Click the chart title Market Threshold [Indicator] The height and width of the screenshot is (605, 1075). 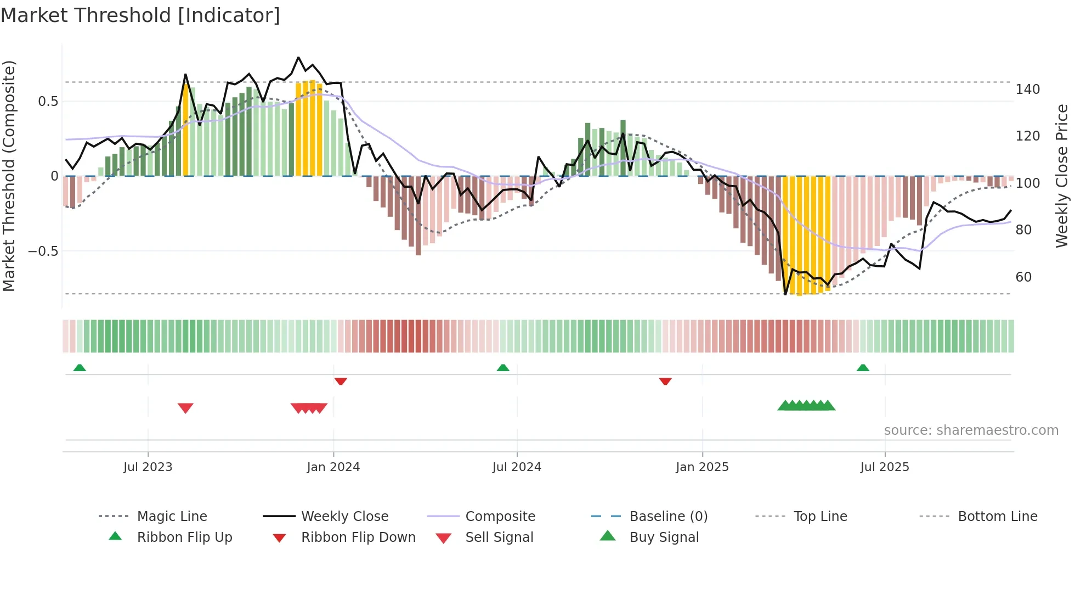coord(140,15)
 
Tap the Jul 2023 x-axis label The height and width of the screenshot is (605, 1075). coord(148,467)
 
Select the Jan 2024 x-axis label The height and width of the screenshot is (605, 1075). coord(333,467)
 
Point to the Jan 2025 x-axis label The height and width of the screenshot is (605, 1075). coord(702,467)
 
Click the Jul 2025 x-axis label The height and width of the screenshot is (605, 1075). coord(884,467)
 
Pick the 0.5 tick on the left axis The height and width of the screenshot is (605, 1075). coord(48,102)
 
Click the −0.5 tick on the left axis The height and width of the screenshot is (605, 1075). coord(43,251)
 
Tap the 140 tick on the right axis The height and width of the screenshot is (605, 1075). coord(1027,89)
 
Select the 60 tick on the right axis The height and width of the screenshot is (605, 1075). coord(1023,277)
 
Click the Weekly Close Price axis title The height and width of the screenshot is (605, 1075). coord(1062,176)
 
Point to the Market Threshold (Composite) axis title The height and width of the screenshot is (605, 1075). coord(9,176)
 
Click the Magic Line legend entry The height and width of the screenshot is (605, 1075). coord(172,517)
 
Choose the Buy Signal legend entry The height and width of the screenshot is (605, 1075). coord(664,537)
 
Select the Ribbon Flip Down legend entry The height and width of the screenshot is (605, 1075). coord(358,537)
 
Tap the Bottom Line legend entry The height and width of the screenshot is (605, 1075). coord(997,517)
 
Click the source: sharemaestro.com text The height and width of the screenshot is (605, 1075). coord(971,430)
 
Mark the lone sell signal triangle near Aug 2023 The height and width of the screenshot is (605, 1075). coord(185,408)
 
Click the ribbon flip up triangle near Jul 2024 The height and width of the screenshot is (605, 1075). coord(503,368)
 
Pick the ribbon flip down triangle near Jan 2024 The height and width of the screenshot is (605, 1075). coord(341,381)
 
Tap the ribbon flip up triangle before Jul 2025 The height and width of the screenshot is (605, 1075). coord(863,368)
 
